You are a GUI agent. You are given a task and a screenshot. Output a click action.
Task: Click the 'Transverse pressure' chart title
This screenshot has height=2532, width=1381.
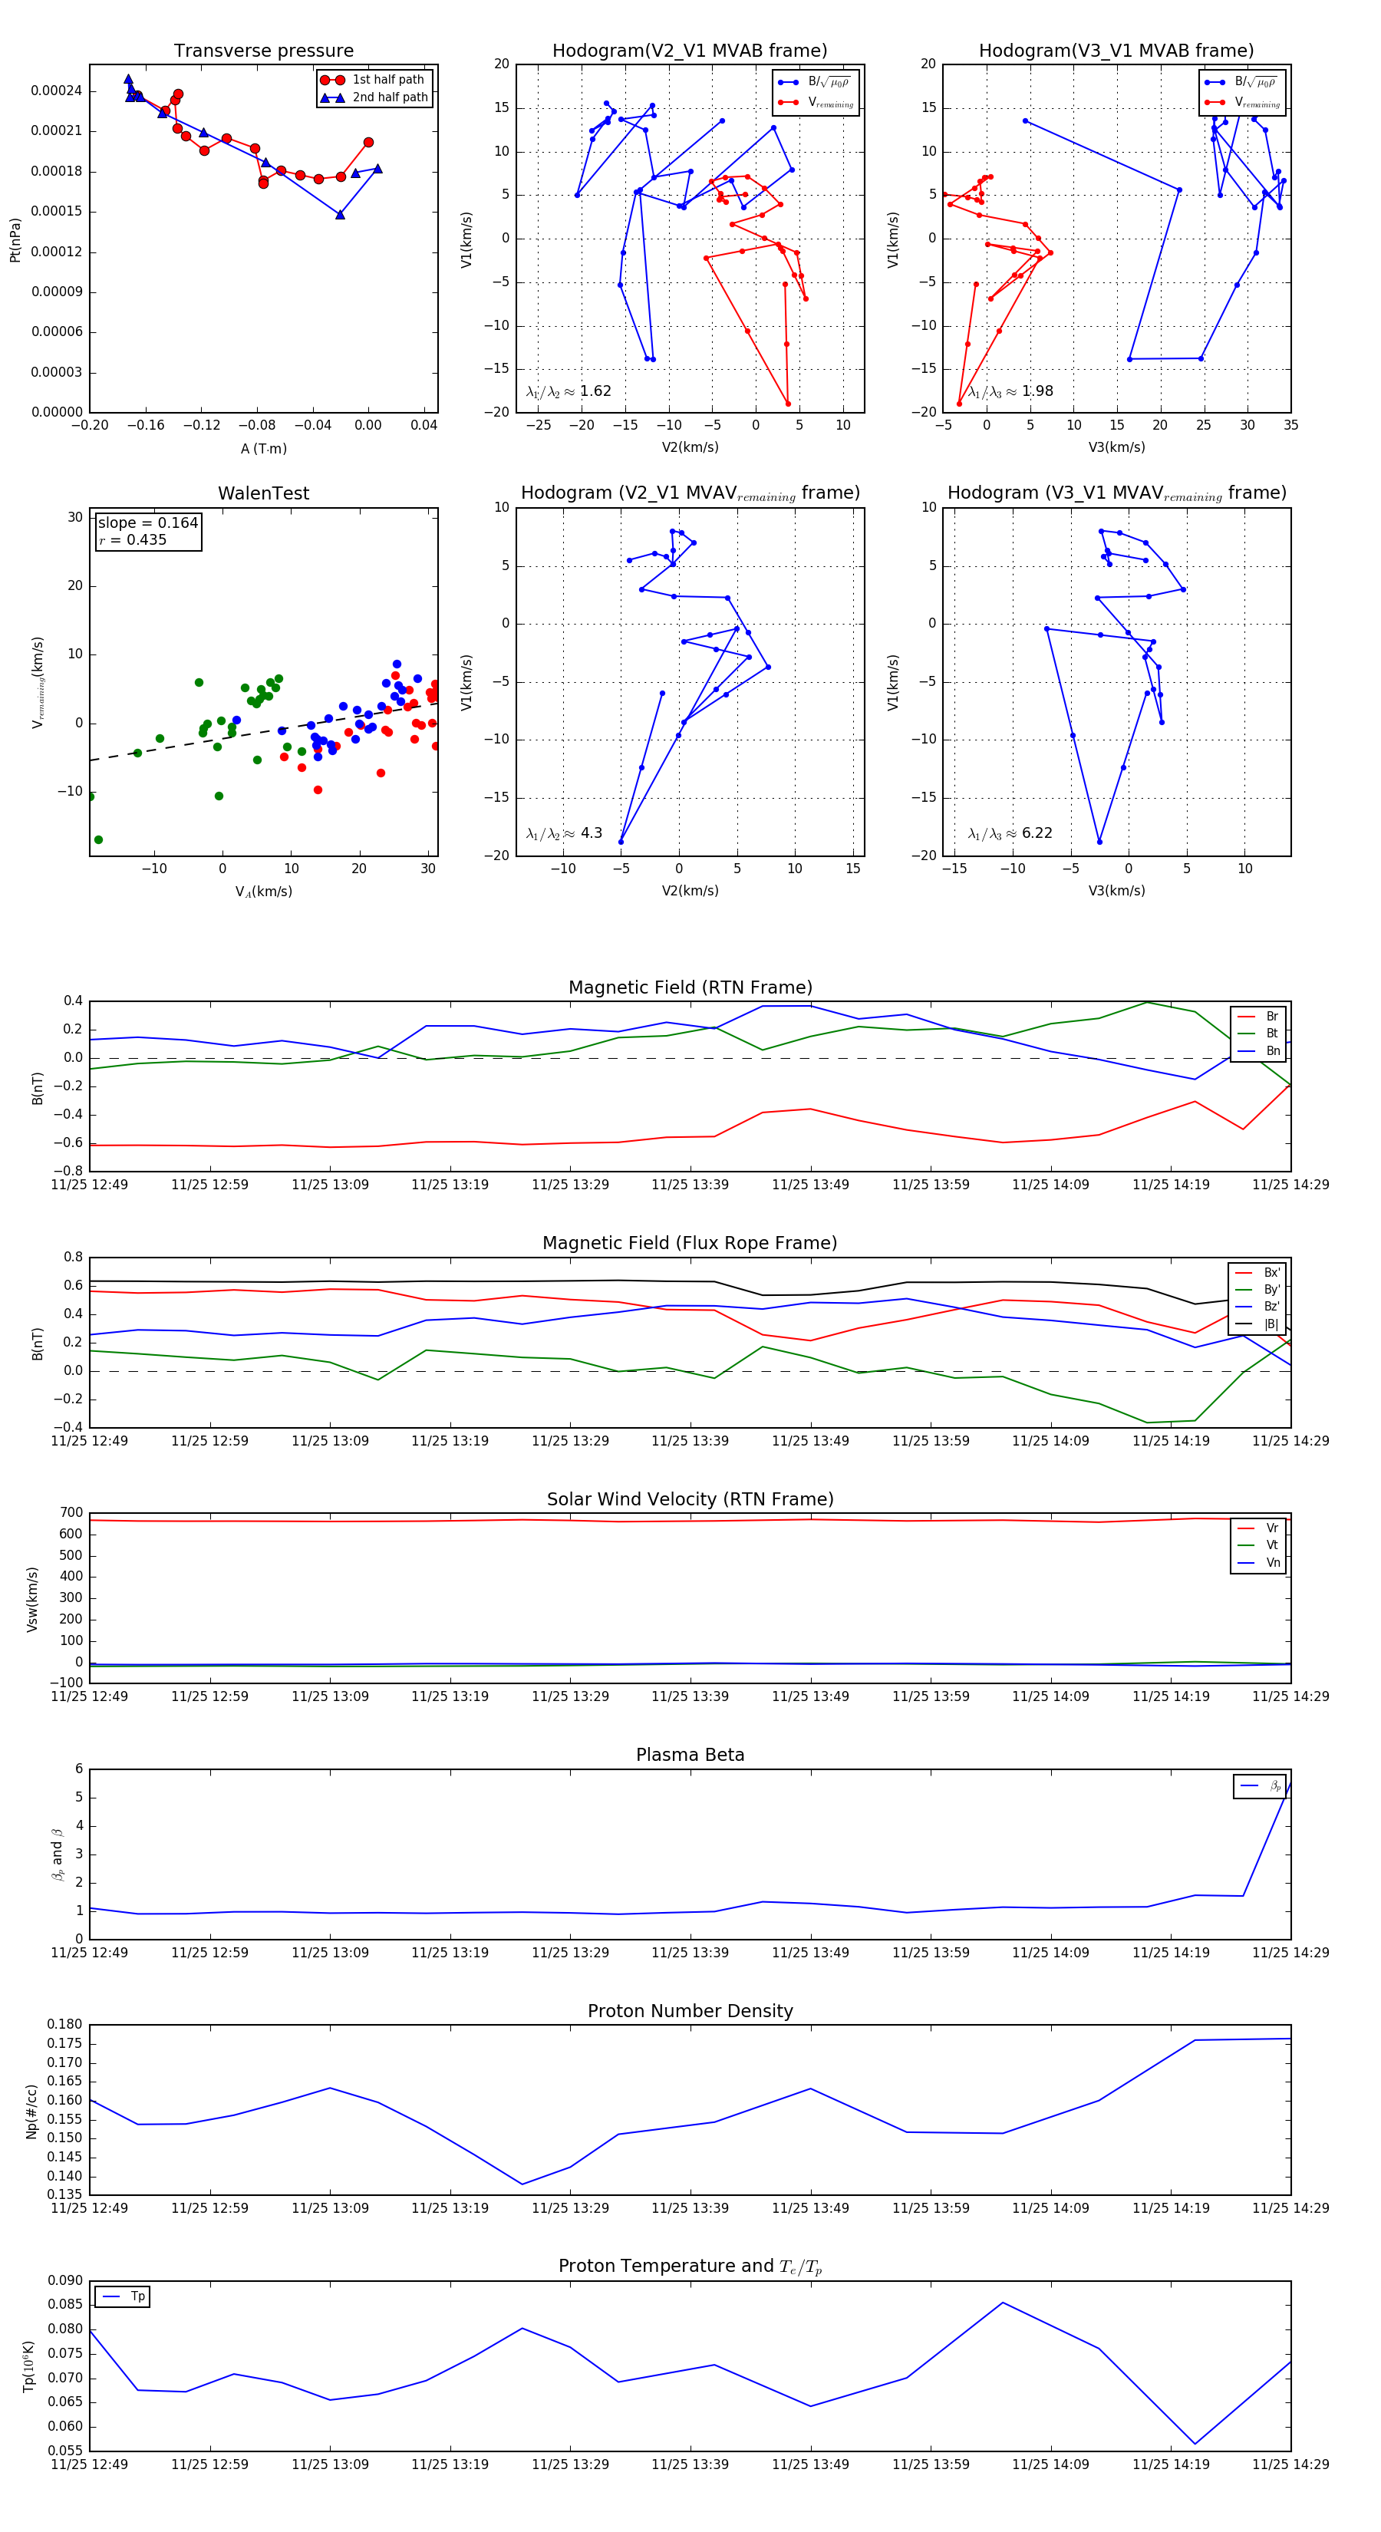tap(263, 51)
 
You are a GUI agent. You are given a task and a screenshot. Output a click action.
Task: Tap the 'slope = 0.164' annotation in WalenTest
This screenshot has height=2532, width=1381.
tap(147, 523)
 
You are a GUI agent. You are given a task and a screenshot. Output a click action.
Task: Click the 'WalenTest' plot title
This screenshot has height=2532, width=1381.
tap(263, 493)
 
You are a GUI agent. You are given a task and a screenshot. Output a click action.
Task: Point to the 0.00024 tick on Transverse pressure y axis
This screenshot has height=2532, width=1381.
tap(56, 91)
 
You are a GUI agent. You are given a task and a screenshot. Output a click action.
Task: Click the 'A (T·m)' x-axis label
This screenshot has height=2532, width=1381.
tap(263, 448)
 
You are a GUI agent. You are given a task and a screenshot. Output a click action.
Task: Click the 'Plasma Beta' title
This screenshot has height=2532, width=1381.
tap(690, 1755)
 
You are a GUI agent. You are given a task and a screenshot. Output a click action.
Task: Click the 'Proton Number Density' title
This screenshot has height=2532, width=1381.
tap(690, 2011)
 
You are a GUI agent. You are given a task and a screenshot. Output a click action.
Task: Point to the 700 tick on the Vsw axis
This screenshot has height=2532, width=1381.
tap(71, 1513)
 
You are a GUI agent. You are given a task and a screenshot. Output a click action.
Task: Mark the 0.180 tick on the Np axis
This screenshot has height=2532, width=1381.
tap(65, 2025)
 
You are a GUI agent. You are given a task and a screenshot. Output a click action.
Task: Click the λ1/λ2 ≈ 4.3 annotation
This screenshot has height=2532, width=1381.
tap(564, 833)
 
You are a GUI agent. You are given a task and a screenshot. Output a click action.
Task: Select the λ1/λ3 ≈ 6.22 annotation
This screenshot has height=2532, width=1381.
tap(1010, 833)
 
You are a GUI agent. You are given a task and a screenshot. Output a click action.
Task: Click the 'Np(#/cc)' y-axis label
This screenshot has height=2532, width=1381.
tap(31, 2112)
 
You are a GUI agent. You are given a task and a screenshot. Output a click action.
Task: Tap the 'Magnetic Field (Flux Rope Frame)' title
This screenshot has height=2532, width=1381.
tap(690, 1244)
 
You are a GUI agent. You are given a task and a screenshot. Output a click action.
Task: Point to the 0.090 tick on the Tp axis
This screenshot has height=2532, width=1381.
tap(65, 2280)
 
